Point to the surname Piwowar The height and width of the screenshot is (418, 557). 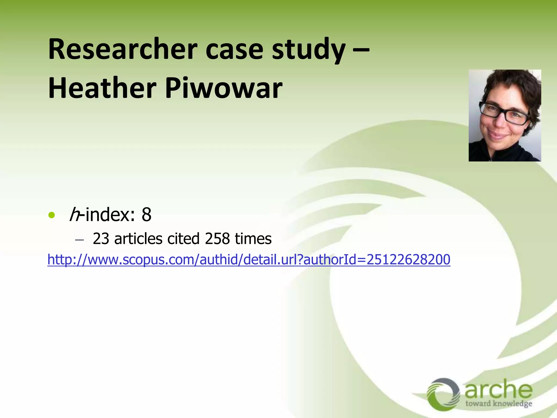coord(224,88)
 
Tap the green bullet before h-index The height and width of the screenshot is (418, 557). coord(51,215)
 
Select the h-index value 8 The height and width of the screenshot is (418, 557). coord(146,215)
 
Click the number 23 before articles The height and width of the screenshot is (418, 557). coord(101,239)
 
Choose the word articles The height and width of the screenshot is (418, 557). coord(138,239)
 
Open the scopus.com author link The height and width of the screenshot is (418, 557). coord(249,259)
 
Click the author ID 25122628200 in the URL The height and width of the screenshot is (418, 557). coord(409,259)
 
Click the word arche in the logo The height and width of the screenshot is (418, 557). coord(498,390)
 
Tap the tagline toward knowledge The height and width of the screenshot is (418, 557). coord(499,404)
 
